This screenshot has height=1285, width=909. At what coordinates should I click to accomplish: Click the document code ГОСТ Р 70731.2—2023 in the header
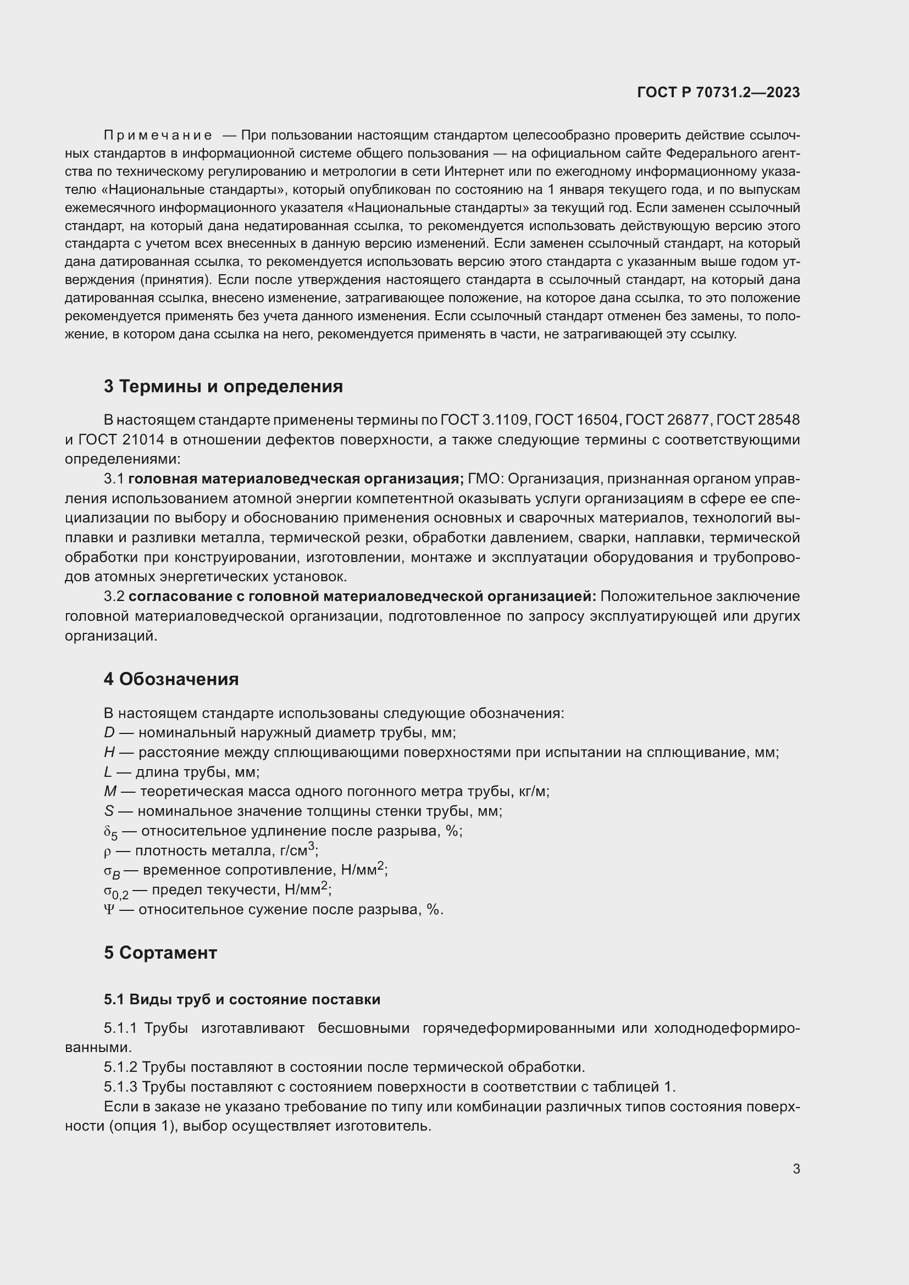click(718, 92)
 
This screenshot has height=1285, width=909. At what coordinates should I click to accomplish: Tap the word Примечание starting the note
click(158, 136)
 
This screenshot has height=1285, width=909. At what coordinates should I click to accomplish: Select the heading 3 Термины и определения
click(223, 386)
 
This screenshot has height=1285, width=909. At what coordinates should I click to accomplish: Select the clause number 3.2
click(114, 597)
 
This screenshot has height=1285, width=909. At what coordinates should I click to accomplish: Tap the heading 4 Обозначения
click(171, 679)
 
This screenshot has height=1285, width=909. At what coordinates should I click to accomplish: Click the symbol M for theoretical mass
click(109, 791)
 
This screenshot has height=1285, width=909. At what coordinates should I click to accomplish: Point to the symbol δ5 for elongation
click(110, 833)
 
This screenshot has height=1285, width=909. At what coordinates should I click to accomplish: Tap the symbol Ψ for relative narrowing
click(109, 909)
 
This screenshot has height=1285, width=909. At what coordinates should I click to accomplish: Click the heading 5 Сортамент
click(160, 953)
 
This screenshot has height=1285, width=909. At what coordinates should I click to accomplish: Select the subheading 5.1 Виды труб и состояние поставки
click(242, 999)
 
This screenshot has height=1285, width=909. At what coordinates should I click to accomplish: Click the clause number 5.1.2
click(120, 1067)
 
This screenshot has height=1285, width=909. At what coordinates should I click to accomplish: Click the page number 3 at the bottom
click(796, 1169)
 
